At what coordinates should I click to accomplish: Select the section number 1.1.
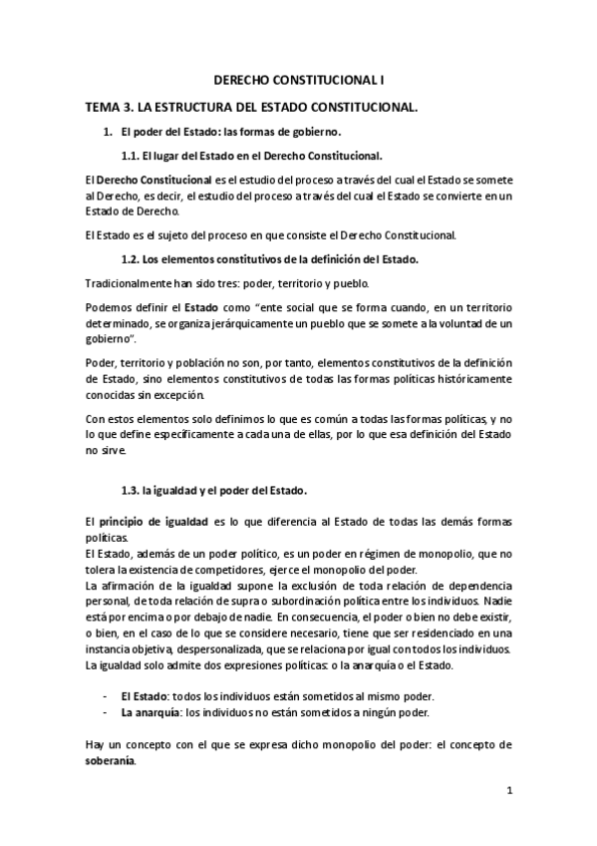click(130, 156)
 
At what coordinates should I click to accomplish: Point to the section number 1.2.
click(130, 259)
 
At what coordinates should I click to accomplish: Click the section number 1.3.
click(130, 490)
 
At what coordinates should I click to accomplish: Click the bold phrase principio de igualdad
click(150, 523)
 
